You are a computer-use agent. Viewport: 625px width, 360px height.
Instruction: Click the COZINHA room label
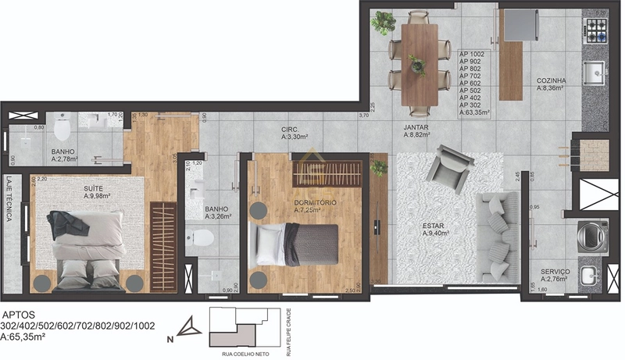(551, 80)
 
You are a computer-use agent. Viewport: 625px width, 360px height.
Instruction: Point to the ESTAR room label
(436, 225)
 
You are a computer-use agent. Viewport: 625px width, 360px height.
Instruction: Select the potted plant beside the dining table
(383, 23)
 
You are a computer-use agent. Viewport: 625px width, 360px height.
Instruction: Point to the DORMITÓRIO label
(316, 203)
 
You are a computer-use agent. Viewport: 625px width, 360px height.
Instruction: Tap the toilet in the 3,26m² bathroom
(195, 239)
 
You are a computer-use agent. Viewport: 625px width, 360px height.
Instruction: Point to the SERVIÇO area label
(555, 272)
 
